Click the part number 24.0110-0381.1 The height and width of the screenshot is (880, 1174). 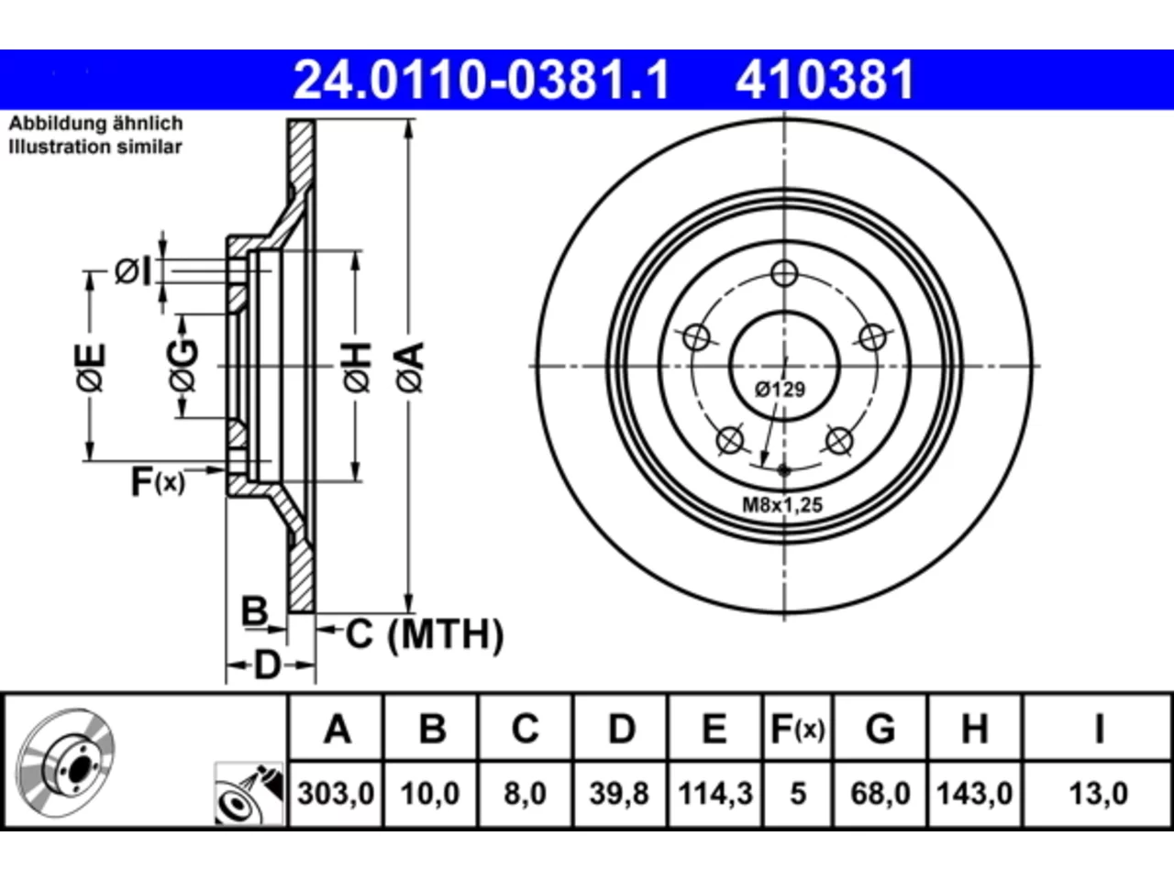click(x=481, y=80)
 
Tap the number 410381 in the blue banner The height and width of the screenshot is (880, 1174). click(x=825, y=80)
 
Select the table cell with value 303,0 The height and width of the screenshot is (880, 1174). click(x=336, y=794)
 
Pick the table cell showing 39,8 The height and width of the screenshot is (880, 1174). click(x=619, y=794)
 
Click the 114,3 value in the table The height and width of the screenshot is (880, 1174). click(x=715, y=794)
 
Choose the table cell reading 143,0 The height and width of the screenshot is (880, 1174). click(x=974, y=794)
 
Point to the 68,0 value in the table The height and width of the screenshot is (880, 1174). click(x=880, y=794)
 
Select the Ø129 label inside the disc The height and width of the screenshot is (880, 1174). click(x=780, y=389)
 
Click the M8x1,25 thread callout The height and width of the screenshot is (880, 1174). click(x=782, y=505)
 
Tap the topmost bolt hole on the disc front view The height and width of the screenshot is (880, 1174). click(x=784, y=274)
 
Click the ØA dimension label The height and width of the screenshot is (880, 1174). click(x=411, y=368)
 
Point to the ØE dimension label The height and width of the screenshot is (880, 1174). click(x=90, y=368)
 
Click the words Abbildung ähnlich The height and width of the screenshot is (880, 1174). click(x=96, y=124)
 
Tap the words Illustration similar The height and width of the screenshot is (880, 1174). click(x=95, y=147)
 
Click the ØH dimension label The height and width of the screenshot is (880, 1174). click(x=358, y=368)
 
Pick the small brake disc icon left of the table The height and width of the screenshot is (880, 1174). click(x=65, y=763)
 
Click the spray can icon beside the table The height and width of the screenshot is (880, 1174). click(x=249, y=794)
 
